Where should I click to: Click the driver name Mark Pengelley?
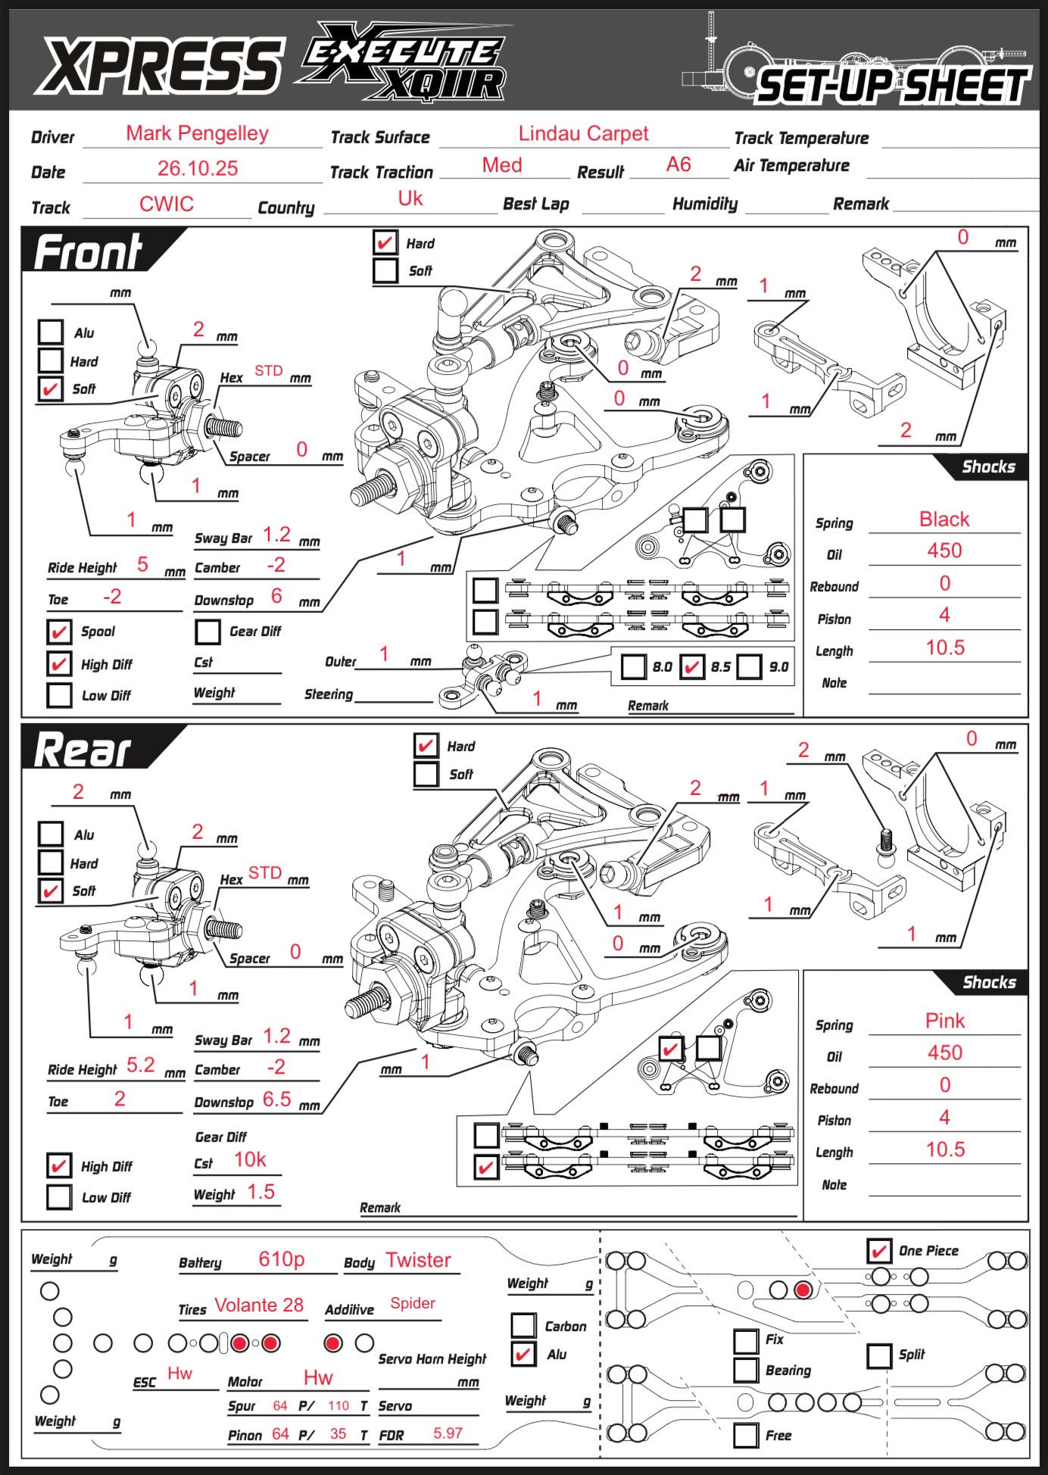197,134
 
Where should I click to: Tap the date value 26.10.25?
198,168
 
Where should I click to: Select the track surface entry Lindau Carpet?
583,134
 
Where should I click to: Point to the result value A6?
678,165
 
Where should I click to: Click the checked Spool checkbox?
59,631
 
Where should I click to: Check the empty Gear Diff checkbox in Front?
207,631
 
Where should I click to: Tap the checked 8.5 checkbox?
692,666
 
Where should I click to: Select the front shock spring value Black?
944,519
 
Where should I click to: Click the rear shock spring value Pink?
945,1021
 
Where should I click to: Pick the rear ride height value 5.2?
141,1065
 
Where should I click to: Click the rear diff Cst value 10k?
250,1160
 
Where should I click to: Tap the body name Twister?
418,1260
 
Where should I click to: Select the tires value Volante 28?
259,1305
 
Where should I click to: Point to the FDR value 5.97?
448,1433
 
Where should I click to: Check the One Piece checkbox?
879,1251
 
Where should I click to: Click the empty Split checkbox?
879,1355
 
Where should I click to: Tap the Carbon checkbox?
524,1325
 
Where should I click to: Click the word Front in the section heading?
89,252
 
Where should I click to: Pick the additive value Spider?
413,1303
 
